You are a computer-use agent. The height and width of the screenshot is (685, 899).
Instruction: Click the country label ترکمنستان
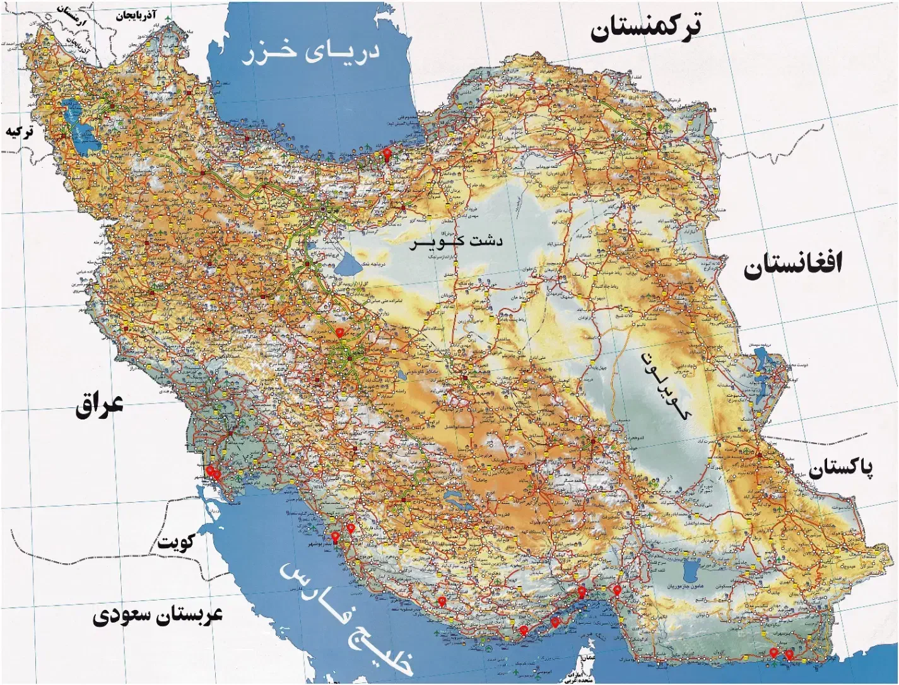coord(645,28)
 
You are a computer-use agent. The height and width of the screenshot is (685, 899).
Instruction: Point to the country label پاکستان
coord(841,468)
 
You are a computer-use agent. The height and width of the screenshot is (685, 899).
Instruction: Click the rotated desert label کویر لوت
coord(665,387)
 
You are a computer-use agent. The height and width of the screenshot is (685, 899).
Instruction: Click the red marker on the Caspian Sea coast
coord(387,154)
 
